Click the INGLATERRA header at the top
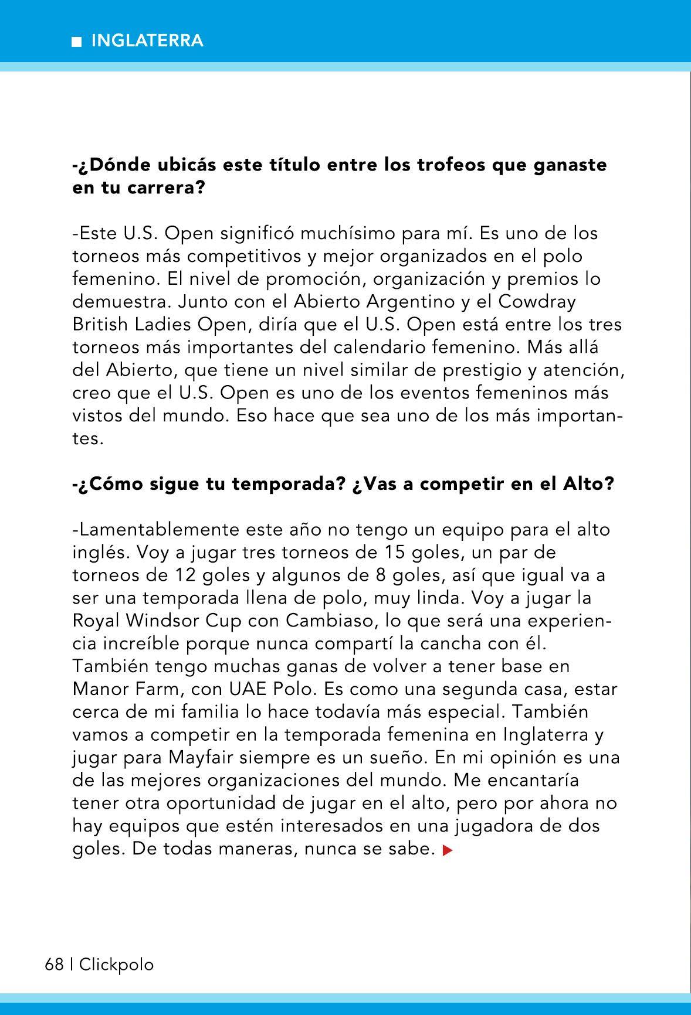click(x=147, y=41)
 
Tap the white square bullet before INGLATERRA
click(x=76, y=42)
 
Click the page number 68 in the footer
click(x=54, y=964)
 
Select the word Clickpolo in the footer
click(x=116, y=964)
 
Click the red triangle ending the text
click(x=448, y=850)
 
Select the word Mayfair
click(x=206, y=758)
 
